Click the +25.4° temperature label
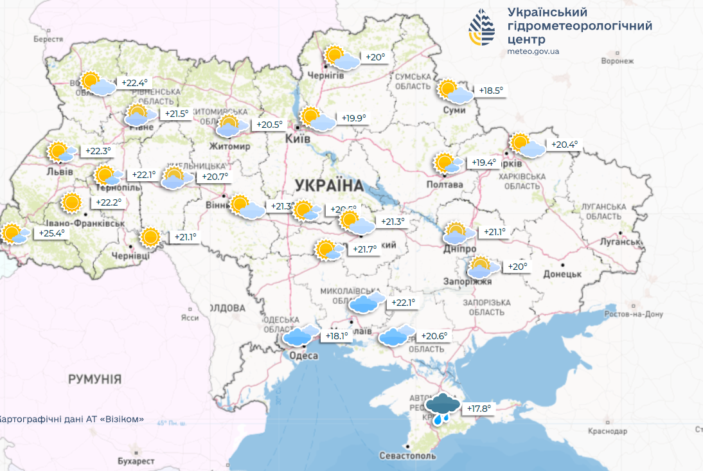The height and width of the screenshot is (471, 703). point(52,233)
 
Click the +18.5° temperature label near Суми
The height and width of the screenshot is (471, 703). point(491,91)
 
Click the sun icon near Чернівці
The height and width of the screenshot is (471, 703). point(150,237)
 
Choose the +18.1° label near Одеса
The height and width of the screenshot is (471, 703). point(336,335)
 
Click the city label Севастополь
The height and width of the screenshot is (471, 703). point(407,456)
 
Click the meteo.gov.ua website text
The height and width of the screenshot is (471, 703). point(533,51)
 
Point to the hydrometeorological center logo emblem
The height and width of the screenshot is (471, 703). point(482,29)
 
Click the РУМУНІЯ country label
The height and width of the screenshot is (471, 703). point(94,380)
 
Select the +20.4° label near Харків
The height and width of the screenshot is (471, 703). point(564,145)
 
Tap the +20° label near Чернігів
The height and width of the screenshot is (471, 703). point(375,57)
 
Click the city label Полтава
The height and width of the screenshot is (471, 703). point(445,184)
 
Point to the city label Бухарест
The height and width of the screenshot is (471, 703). point(136,461)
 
